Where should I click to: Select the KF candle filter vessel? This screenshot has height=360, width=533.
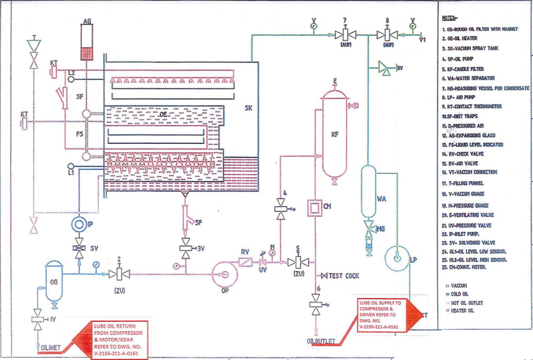coord(334,135)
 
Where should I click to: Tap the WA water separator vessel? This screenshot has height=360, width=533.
coord(369,192)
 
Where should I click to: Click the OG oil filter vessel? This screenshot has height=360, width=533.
coord(54,281)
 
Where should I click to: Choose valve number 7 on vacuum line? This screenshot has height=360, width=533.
coord(345,35)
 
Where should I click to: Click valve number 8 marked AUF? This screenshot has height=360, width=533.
coord(388,35)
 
